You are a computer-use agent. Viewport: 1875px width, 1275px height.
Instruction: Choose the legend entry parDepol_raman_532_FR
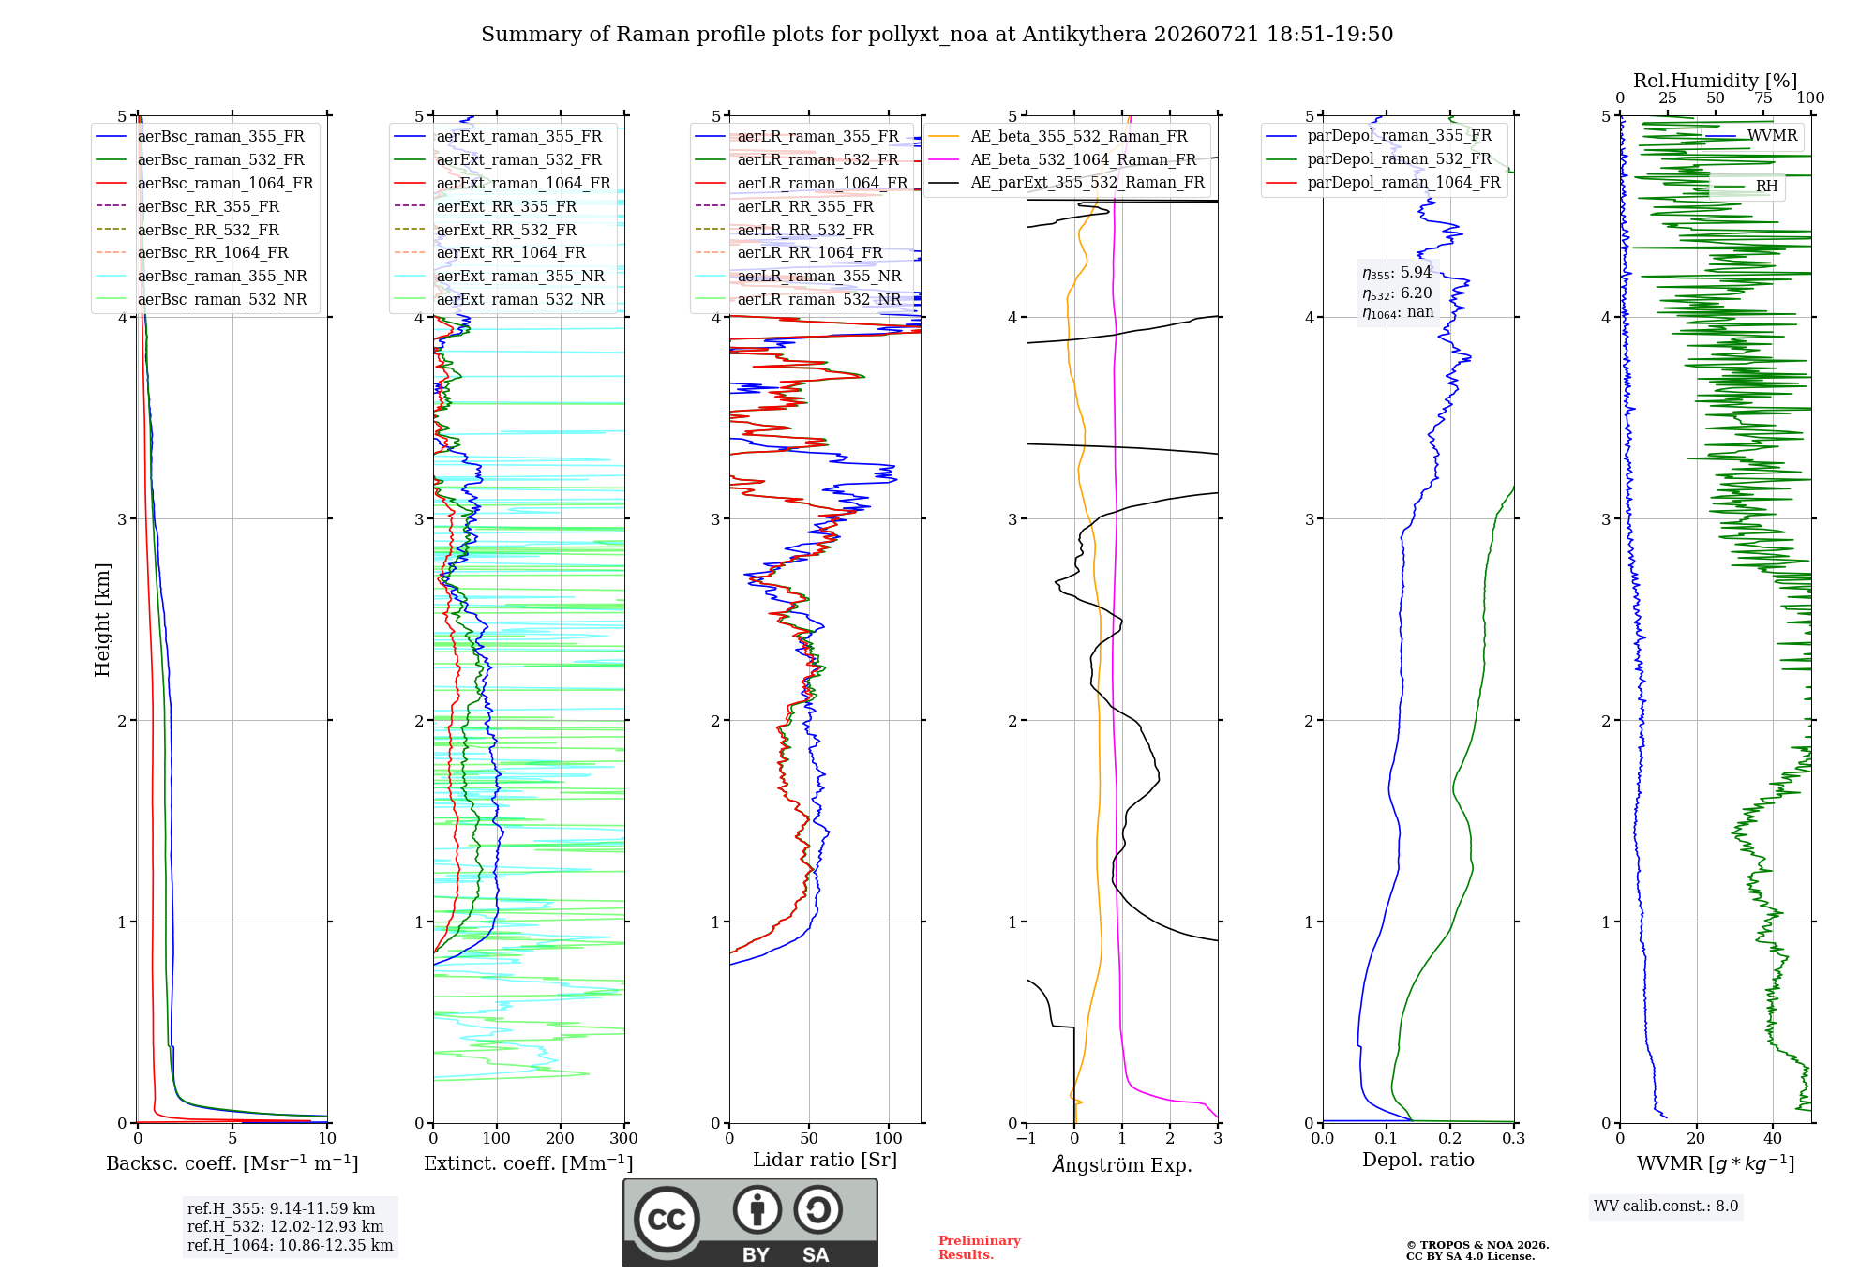1379,158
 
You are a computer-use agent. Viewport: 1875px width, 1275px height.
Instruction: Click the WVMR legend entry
1751,136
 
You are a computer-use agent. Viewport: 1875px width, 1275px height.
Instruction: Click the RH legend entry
1746,187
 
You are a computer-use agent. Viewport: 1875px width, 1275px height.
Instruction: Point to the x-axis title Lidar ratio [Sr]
825,1161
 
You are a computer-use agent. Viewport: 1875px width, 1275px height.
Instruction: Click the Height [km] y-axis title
102,620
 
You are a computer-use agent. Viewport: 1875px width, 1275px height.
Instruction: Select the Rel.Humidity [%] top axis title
1716,81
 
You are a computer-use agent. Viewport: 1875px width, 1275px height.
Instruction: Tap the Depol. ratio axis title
1418,1161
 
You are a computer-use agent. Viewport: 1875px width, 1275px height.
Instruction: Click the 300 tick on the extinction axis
624,1139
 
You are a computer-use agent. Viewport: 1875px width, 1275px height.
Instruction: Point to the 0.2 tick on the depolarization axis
1450,1139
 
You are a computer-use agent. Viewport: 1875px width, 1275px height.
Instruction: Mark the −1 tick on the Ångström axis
1027,1139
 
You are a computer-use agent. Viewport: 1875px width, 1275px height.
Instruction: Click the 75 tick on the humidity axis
1763,98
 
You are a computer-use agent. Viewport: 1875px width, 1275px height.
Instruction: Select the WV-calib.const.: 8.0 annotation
1666,1207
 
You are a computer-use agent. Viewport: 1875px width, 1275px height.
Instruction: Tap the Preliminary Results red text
980,1248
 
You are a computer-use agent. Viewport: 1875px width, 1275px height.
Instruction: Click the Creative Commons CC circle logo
667,1220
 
